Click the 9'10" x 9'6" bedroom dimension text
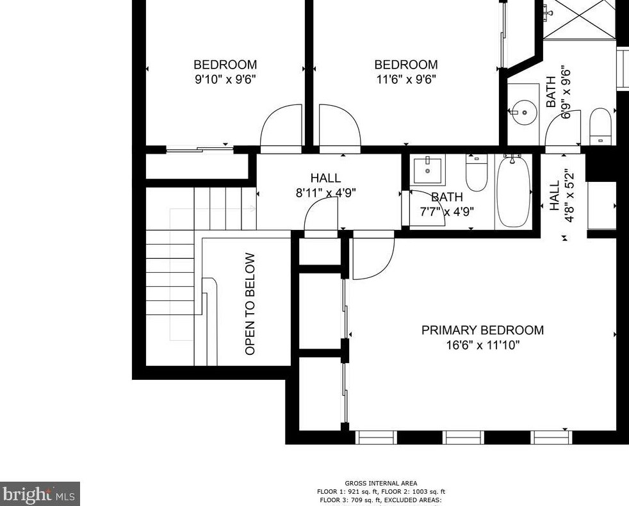225,79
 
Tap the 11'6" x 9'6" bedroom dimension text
406,79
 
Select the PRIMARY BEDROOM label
482,331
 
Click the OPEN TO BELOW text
250,304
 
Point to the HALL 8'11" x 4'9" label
326,185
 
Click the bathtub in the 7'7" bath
513,192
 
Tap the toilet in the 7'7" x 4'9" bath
477,173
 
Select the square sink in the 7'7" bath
428,170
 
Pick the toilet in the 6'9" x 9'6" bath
601,126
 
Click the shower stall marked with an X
579,19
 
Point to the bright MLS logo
40,494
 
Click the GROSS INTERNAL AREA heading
380,484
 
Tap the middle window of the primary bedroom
463,437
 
